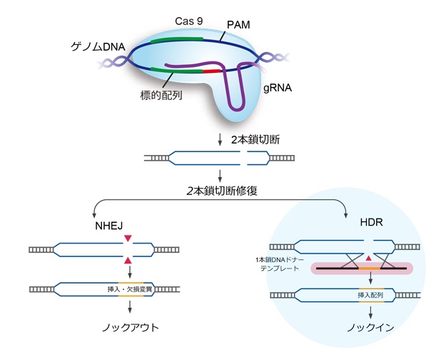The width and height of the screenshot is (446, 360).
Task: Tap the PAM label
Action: click(239, 25)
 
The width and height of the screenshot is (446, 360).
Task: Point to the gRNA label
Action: click(276, 91)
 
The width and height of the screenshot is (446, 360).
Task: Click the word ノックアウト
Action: click(129, 328)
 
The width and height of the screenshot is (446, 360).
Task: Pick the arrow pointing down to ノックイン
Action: click(369, 311)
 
